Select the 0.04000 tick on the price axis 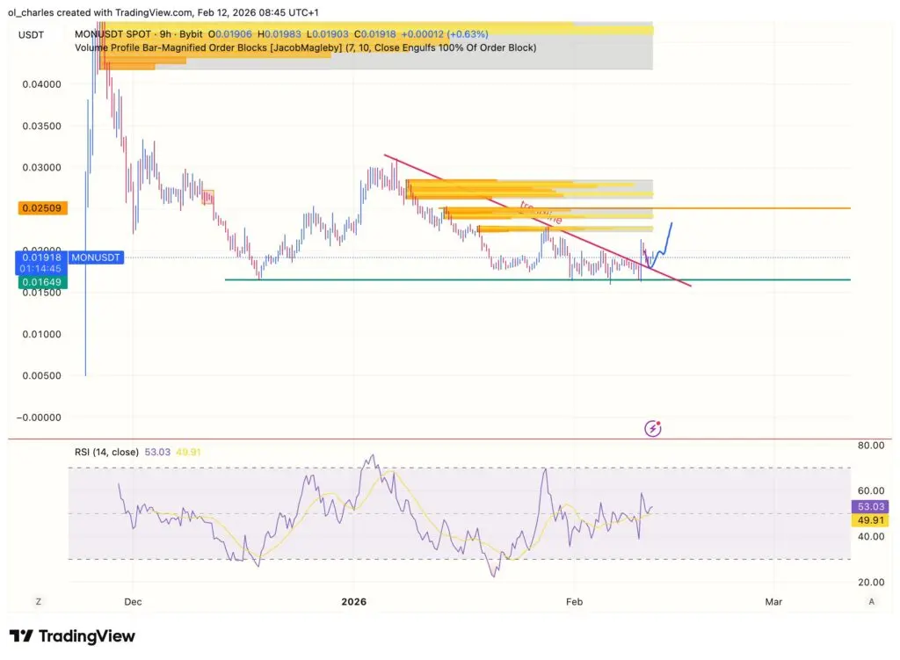(42, 84)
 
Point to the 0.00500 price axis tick (42, 375)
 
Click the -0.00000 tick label (40, 417)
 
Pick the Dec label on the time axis (134, 602)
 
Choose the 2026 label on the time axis (353, 602)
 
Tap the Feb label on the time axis (574, 602)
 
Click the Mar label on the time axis (773, 602)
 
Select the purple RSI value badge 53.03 (872, 506)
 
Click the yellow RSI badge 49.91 (872, 520)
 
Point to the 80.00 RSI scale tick (871, 446)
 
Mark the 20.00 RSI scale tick (871, 582)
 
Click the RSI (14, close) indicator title (106, 453)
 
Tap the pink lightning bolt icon (653, 428)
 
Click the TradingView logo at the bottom (72, 635)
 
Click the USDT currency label (32, 33)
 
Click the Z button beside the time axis (38, 602)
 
